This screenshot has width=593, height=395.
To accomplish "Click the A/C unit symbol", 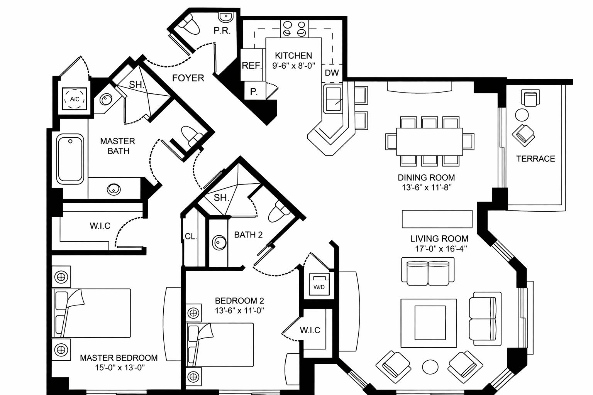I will point(75,99).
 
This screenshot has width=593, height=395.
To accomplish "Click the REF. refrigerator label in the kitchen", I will point(252,66).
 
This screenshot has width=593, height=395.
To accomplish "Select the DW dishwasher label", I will point(332,73).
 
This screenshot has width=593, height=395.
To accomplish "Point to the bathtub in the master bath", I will point(70,159).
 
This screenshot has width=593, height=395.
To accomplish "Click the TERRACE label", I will point(535,159).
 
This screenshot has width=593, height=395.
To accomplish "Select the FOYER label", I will point(188,78).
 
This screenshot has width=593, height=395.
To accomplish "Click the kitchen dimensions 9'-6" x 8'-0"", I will point(294,66).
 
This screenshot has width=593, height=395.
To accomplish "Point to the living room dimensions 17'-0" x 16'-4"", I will point(439,249).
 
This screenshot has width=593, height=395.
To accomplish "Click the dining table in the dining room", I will point(429,141).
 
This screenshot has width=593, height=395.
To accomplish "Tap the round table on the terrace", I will point(522,115).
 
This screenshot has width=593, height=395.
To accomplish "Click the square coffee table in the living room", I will point(429,322).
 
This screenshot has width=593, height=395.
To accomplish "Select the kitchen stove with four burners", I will point(294,29).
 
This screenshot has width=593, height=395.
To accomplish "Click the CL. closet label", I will point(191,236).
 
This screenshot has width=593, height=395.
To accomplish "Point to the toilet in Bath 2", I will point(277,211).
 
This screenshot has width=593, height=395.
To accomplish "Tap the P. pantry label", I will point(254,91).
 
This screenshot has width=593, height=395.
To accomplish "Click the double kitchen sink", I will point(333,99).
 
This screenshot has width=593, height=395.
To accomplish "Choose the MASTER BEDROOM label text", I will point(119,358).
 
